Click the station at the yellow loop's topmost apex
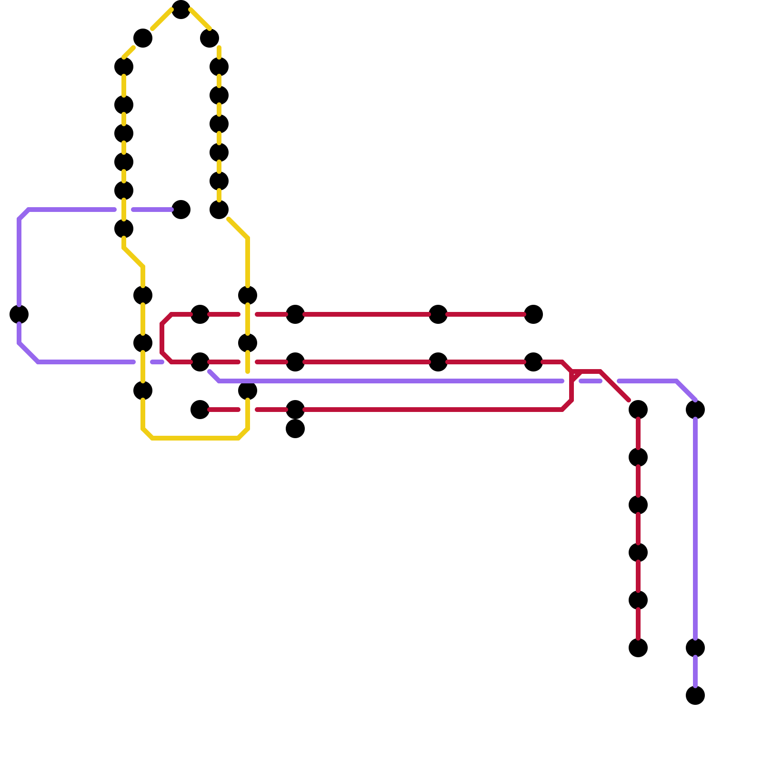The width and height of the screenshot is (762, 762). (x=181, y=10)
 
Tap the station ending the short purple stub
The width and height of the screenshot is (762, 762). (x=181, y=210)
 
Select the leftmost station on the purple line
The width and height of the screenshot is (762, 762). (x=19, y=314)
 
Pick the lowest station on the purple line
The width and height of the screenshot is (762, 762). (x=695, y=695)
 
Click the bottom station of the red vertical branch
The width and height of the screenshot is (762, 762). (x=638, y=648)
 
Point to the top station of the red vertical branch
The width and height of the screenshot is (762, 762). (x=638, y=410)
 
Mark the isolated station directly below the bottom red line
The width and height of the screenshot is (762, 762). (x=295, y=429)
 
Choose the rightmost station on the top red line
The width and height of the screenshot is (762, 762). (x=533, y=314)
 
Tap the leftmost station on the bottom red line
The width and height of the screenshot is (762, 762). (x=200, y=410)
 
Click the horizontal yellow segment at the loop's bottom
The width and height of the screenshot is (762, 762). (x=195, y=438)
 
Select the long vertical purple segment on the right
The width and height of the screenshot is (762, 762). (x=695, y=524)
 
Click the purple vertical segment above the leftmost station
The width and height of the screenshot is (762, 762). (x=19, y=262)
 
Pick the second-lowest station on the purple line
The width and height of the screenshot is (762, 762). (x=695, y=648)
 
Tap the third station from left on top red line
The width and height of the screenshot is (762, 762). (x=438, y=314)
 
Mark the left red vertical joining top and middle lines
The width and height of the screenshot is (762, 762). (x=162, y=338)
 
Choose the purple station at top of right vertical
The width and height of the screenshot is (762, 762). (x=695, y=410)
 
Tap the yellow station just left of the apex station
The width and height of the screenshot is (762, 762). (x=143, y=38)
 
